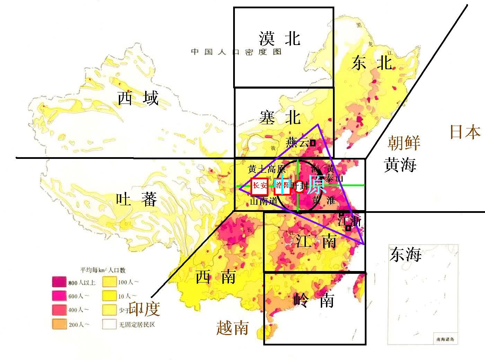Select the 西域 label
pyautogui.click(x=138, y=99)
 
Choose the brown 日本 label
pyautogui.click(x=465, y=132)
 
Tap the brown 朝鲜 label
pyautogui.click(x=404, y=143)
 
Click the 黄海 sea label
pyautogui.click(x=400, y=165)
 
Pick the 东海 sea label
pyautogui.click(x=405, y=254)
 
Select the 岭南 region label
pyautogui.click(x=314, y=300)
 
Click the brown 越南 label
pyautogui.click(x=232, y=327)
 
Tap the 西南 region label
pyautogui.click(x=216, y=277)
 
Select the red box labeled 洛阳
pyautogui.click(x=281, y=187)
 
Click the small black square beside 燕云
pyautogui.click(x=313, y=142)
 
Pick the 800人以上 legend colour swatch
pyautogui.click(x=59, y=282)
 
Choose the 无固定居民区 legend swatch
pyautogui.click(x=109, y=324)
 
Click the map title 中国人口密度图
pyautogui.click(x=236, y=52)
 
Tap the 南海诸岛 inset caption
pyautogui.click(x=445, y=339)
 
